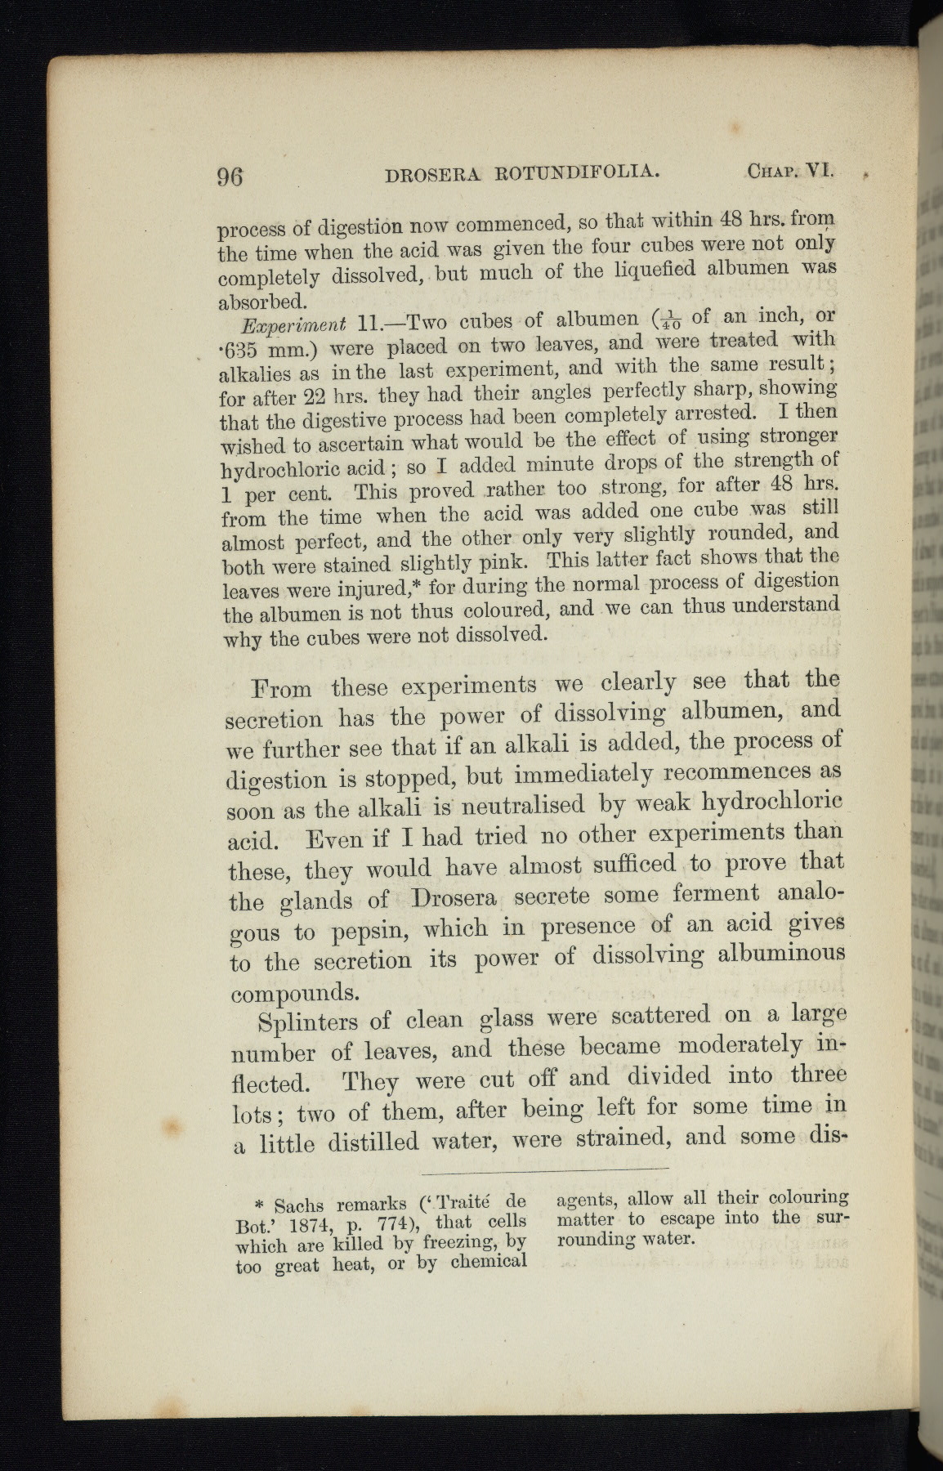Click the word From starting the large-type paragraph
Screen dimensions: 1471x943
(282, 688)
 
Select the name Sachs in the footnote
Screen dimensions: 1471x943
(298, 1205)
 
